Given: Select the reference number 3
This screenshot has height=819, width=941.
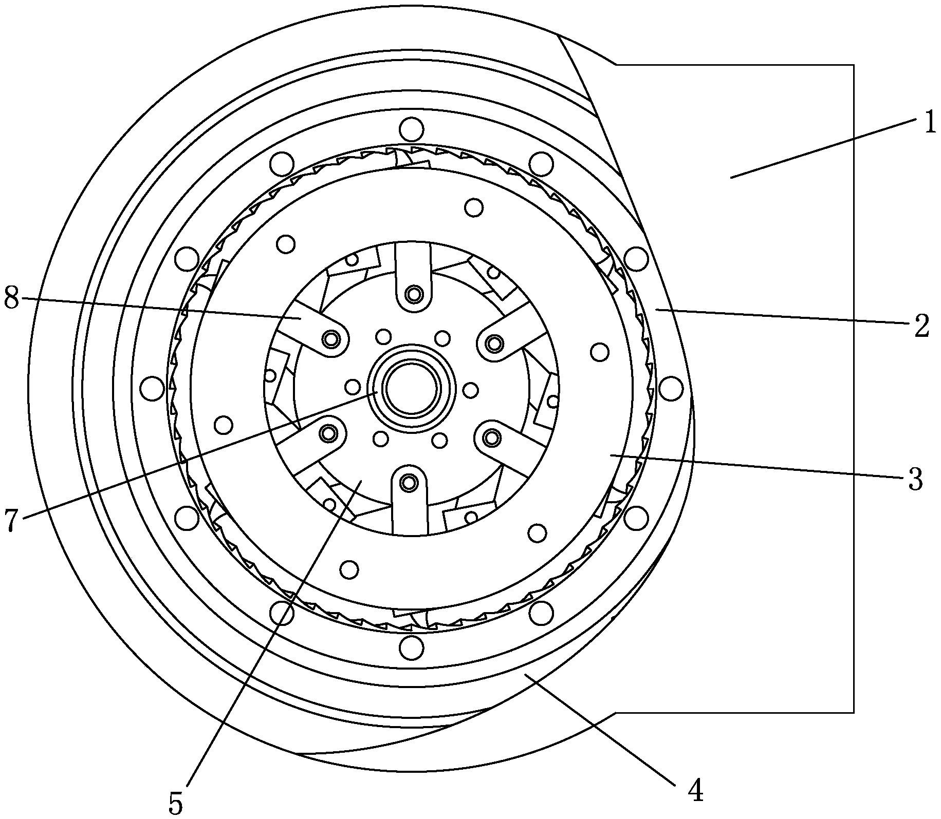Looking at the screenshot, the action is (915, 480).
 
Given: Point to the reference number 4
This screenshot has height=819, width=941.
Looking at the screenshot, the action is (695, 791).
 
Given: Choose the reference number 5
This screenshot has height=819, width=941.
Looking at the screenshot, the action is (176, 805).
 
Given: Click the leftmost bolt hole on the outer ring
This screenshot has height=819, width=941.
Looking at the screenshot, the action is (152, 389).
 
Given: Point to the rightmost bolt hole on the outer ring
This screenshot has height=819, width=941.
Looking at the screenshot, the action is (670, 389).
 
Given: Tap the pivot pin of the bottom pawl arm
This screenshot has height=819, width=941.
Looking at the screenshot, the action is (410, 482).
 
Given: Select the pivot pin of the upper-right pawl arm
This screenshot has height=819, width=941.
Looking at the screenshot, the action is (494, 342).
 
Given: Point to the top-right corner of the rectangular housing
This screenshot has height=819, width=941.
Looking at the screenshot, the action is (854, 65).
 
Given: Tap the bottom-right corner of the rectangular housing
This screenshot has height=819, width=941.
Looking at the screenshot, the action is (854, 713).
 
